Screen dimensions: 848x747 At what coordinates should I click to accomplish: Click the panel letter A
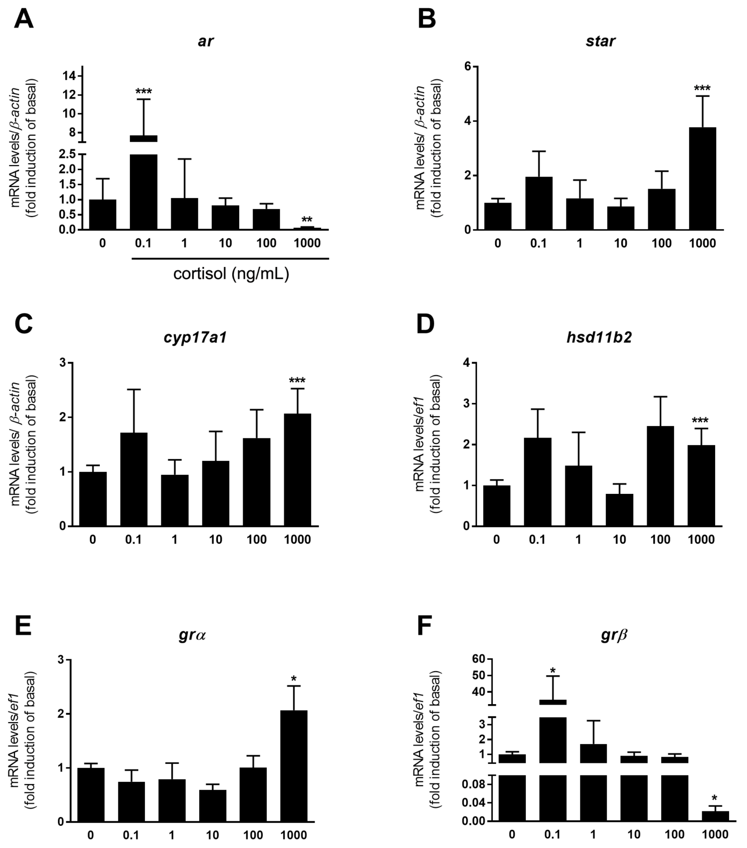[23, 19]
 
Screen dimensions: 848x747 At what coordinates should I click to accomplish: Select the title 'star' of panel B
[600, 41]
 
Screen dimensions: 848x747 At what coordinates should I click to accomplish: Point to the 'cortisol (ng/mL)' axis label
[231, 274]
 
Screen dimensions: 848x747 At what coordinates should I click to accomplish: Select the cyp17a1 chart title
[195, 337]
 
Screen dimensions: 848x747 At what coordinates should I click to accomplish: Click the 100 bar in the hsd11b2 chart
[660, 476]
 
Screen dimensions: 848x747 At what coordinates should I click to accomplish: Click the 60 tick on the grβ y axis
[478, 659]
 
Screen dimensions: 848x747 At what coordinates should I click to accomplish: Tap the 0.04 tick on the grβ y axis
[474, 803]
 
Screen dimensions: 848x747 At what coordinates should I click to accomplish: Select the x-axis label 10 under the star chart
[620, 243]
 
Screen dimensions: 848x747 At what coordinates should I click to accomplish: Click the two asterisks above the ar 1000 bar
[307, 220]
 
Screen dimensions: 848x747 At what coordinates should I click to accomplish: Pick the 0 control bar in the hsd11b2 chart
[496, 505]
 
